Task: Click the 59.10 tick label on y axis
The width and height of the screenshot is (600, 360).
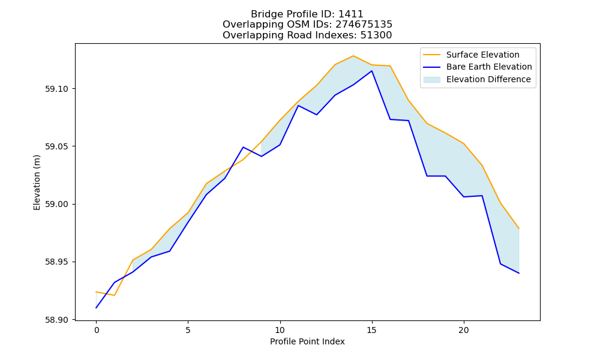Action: (56, 89)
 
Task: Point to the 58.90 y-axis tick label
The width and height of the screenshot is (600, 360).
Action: (56, 320)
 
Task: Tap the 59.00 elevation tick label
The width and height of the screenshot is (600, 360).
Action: (56, 204)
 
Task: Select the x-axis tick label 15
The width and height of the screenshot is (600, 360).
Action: (371, 330)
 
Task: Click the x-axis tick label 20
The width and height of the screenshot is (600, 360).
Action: (464, 330)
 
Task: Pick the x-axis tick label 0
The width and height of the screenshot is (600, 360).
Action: (97, 330)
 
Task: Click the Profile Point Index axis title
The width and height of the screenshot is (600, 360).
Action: (307, 341)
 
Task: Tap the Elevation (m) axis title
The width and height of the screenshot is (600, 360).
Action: (37, 182)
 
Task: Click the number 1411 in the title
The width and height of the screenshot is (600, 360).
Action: (351, 14)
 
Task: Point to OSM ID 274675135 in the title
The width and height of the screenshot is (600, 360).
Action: (364, 25)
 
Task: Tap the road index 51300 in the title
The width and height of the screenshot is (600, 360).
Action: (376, 35)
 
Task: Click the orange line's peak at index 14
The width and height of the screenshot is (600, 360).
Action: (353, 56)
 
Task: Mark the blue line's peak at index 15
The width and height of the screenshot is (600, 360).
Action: (371, 71)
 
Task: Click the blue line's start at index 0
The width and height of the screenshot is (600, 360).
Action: (96, 308)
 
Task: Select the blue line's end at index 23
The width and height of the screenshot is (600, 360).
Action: (519, 273)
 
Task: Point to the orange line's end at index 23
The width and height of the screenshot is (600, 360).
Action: (519, 229)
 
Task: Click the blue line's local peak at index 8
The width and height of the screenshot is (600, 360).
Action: (243, 147)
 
